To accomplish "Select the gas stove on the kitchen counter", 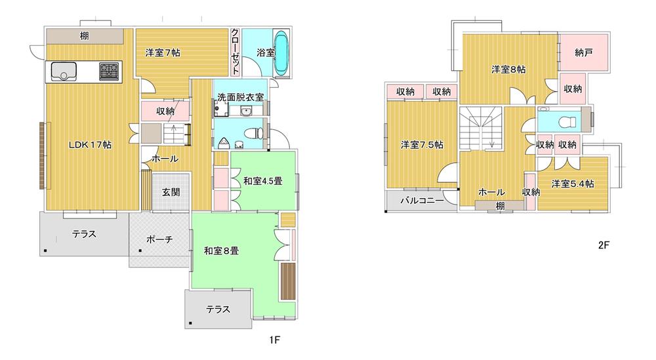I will point(109,71).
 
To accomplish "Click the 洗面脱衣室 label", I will point(241,97).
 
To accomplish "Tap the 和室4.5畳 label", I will point(262,181).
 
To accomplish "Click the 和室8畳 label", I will point(220,250).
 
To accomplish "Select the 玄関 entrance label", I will point(172,192).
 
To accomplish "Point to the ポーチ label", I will point(159,239).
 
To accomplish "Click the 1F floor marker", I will point(275,340).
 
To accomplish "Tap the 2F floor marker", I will point(604,246).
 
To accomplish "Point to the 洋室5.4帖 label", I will point(572,184).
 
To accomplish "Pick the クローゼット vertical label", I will point(234,52).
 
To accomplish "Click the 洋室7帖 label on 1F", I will point(163,53).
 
